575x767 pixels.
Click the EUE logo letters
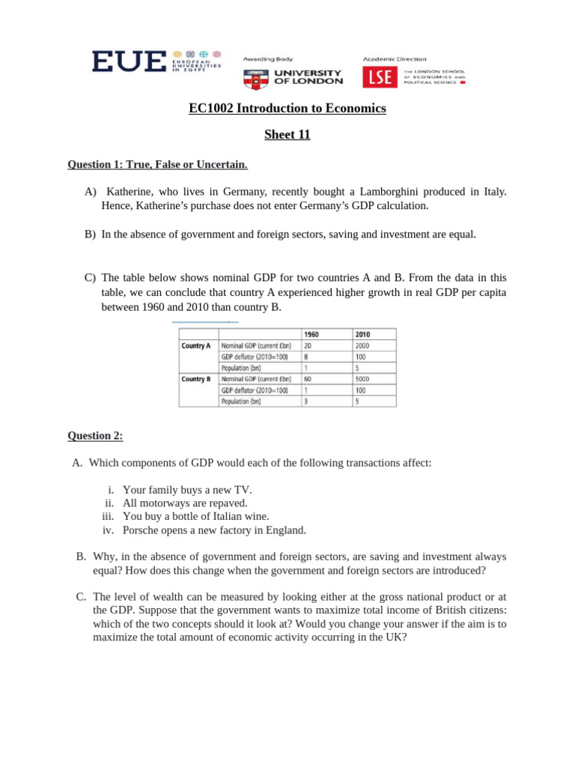click(x=129, y=61)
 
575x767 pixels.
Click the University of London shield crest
click(x=255, y=77)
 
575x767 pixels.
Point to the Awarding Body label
click(x=268, y=59)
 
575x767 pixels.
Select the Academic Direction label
click(x=395, y=59)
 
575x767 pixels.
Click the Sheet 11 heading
click(x=287, y=135)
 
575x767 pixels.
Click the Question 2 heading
click(x=95, y=435)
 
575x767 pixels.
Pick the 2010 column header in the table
click(x=363, y=335)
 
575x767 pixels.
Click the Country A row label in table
click(x=196, y=346)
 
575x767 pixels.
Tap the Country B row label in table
click(x=196, y=379)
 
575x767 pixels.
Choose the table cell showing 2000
click(x=364, y=346)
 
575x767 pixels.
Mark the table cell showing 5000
click(x=364, y=379)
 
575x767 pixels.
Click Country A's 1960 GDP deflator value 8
click(x=306, y=357)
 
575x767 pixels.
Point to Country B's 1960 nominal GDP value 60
click(x=308, y=379)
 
